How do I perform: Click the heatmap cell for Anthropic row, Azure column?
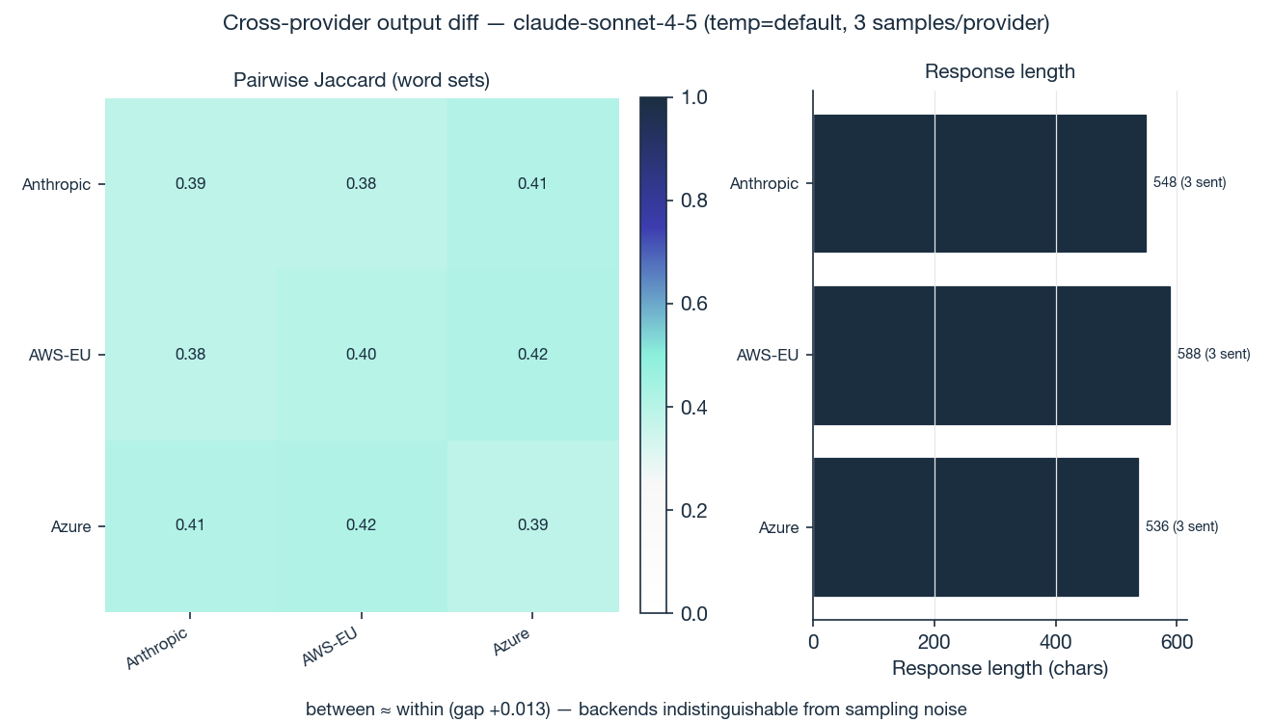pos(532,183)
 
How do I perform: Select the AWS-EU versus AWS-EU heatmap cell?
pos(362,355)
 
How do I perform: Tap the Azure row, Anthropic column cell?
pos(190,525)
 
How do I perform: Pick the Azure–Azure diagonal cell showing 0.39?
pos(532,525)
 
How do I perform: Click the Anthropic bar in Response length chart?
pos(979,183)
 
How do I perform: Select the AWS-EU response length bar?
pos(991,355)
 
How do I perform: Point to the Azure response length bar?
pos(975,526)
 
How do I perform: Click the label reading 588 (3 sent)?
pos(1213,355)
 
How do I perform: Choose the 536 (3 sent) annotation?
pos(1181,526)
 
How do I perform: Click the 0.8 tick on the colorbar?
pos(694,201)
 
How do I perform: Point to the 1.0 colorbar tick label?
pos(694,97)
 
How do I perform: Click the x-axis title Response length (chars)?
pos(1000,668)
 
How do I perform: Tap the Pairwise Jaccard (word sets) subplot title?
pos(362,81)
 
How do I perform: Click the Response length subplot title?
pos(1000,71)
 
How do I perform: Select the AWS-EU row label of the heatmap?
pos(60,355)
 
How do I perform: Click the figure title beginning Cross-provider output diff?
pos(636,23)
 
